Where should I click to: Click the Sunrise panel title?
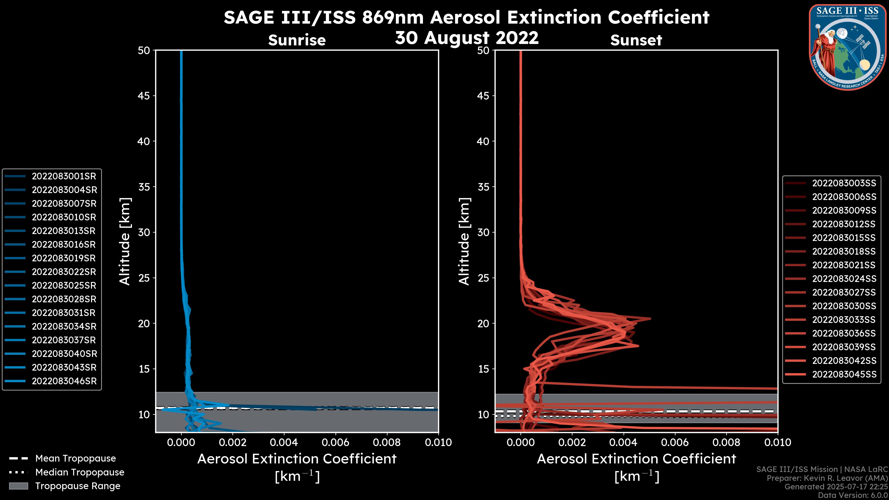(297, 40)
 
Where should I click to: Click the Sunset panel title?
(636, 40)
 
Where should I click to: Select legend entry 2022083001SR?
(64, 176)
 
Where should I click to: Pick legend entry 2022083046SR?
(64, 381)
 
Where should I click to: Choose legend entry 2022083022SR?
(64, 272)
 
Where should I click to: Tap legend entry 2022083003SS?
(844, 183)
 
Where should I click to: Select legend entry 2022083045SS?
(844, 374)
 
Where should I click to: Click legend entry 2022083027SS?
(844, 293)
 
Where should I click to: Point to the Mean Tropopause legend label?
(75, 459)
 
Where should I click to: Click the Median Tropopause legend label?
(80, 472)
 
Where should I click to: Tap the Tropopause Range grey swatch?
(19, 486)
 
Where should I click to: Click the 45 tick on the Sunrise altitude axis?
(144, 96)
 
